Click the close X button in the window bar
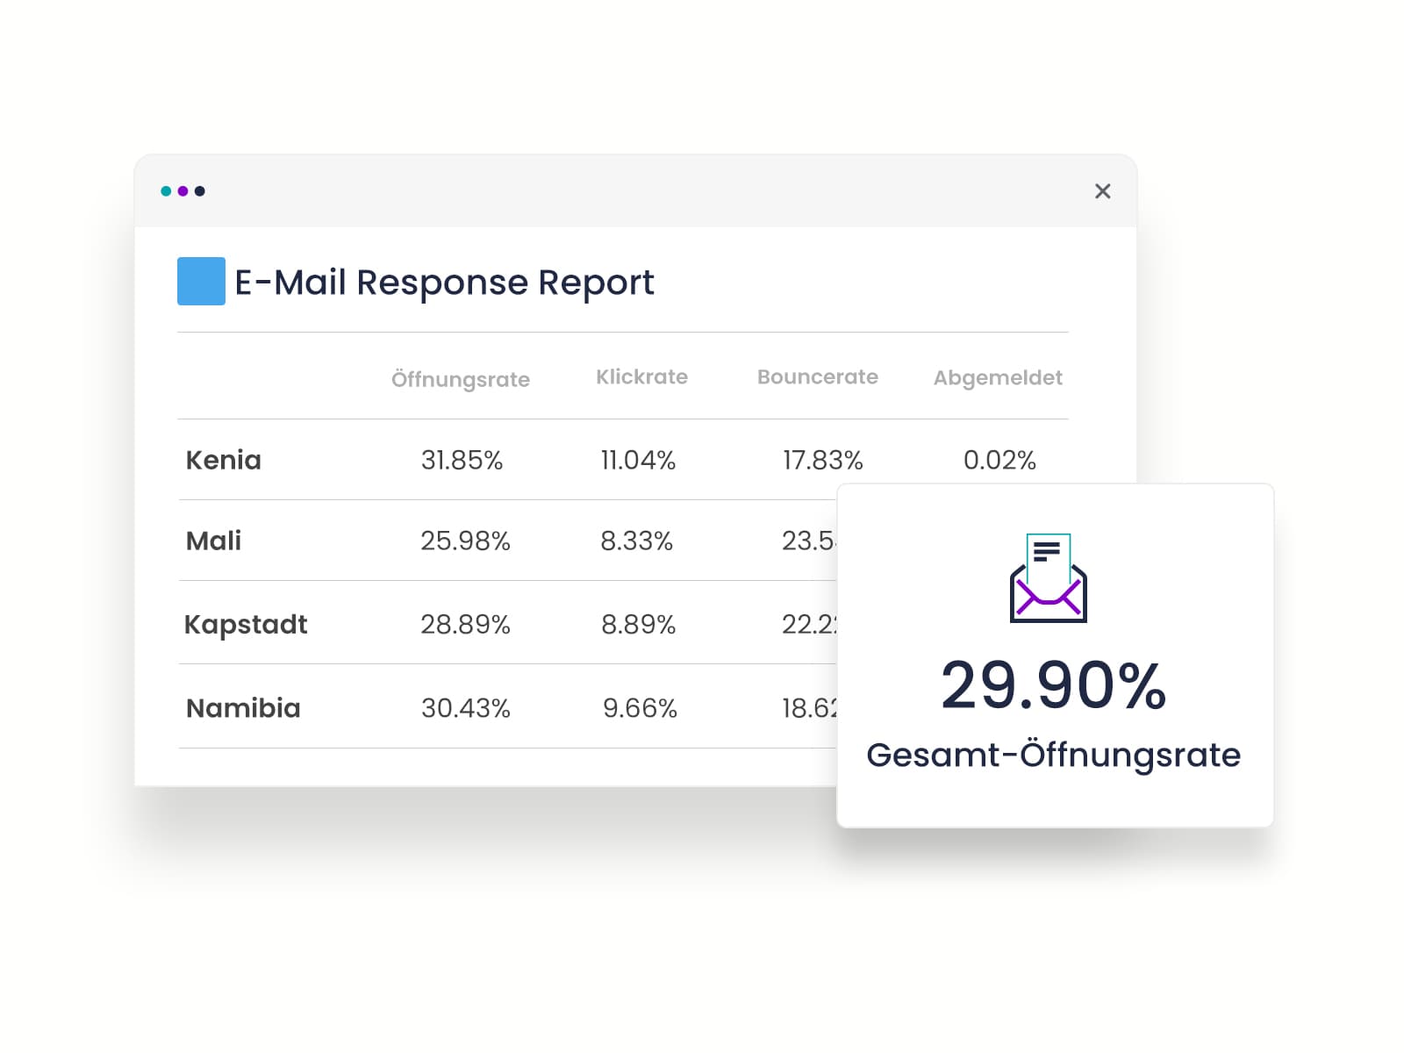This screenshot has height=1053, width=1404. tap(1102, 191)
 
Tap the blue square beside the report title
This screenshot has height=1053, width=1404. tap(201, 281)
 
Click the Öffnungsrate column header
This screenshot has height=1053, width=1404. tap(460, 379)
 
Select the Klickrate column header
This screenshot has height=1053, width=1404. tap(641, 377)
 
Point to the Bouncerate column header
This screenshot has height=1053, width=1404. tap(817, 377)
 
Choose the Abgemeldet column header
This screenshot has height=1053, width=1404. tap(998, 378)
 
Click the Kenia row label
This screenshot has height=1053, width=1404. tap(224, 460)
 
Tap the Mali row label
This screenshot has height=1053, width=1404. tap(213, 541)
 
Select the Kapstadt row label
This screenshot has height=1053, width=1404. tap(246, 624)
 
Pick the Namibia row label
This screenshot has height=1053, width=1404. tap(243, 708)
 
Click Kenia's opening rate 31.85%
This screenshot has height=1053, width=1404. tap(462, 460)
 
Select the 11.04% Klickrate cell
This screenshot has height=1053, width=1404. tap(638, 460)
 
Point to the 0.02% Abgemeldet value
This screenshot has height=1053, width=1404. tap(999, 460)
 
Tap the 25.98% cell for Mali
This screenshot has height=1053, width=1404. tap(465, 541)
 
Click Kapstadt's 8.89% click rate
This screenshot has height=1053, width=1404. tap(638, 624)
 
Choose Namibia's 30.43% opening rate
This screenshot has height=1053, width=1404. tap(465, 708)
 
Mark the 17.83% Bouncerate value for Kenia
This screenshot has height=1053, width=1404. tap(822, 460)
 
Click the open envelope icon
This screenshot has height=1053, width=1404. tap(1048, 578)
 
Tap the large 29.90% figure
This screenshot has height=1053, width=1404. tap(1053, 685)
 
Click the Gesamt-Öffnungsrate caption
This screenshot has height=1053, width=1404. tap(1053, 755)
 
